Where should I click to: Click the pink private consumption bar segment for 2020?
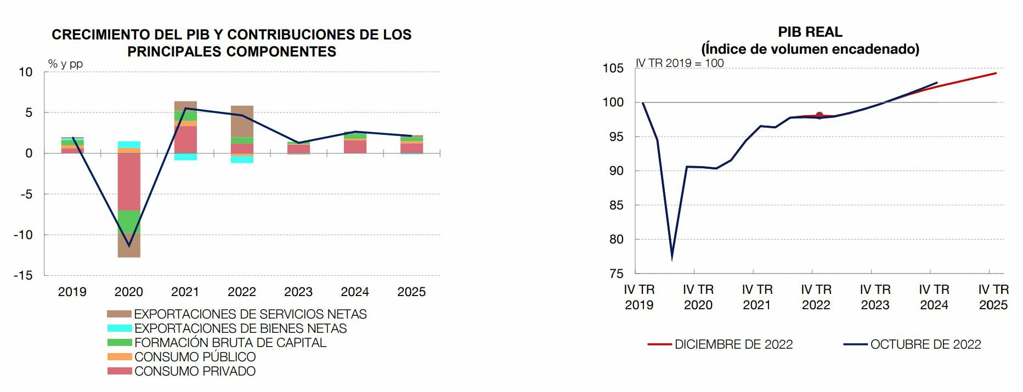tap(129, 181)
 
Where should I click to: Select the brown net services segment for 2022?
tap(242, 121)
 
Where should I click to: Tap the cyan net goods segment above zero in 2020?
tap(129, 145)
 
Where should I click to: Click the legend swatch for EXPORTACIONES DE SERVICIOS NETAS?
tap(119, 314)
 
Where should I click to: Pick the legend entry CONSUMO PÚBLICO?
tap(195, 357)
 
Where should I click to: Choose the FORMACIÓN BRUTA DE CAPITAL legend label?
tap(230, 343)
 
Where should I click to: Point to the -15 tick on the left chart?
tap(23, 275)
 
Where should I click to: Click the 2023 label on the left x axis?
tap(298, 292)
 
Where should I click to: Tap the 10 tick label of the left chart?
tap(25, 72)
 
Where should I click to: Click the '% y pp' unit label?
tap(65, 64)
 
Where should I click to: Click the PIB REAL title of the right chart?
tap(810, 32)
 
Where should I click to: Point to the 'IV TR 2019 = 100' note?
tap(680, 63)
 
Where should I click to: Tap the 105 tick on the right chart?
tap(613, 69)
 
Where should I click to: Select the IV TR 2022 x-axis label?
tap(816, 297)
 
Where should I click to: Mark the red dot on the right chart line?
tap(819, 115)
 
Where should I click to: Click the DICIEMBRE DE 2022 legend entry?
tap(733, 344)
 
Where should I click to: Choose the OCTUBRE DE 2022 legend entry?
tap(925, 344)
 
